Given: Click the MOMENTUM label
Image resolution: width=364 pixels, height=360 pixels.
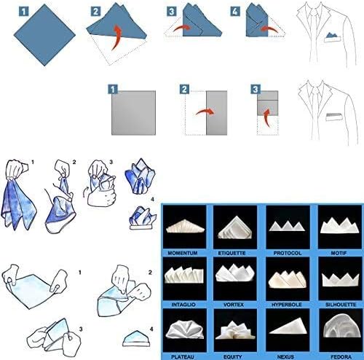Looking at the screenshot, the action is coord(183,253).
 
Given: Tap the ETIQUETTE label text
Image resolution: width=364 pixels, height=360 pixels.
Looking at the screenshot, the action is coord(232,253).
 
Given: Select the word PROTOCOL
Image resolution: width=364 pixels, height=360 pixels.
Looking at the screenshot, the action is coord(288,253).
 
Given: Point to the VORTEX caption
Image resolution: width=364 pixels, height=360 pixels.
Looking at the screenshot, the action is coord(234,305).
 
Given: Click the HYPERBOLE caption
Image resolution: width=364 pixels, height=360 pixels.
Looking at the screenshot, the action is coord(287,305).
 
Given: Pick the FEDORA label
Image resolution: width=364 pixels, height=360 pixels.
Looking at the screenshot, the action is coord(341,357).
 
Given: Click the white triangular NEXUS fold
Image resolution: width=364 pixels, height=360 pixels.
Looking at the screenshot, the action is coord(288,327).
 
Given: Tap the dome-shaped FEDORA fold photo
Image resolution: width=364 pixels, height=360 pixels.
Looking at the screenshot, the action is coord(341,326).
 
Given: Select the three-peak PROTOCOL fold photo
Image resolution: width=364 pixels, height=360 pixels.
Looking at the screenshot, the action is coord(288,226).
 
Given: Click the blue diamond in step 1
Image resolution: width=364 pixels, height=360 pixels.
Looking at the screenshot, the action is coord(44,35).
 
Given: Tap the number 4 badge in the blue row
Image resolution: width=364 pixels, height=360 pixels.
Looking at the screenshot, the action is coord(235,12).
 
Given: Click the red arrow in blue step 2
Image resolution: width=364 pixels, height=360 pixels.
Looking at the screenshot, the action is coord(116,37).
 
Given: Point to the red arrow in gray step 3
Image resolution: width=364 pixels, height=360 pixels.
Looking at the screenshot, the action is coord(267,117).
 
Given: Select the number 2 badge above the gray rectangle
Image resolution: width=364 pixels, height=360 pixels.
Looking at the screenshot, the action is coord(184,90).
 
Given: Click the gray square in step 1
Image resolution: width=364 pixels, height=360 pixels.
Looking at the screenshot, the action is coord(133,113).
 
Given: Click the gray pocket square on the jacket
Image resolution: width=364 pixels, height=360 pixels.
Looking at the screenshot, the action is coord(335,117).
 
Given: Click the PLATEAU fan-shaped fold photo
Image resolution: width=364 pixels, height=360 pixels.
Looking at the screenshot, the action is coord(185,329).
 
